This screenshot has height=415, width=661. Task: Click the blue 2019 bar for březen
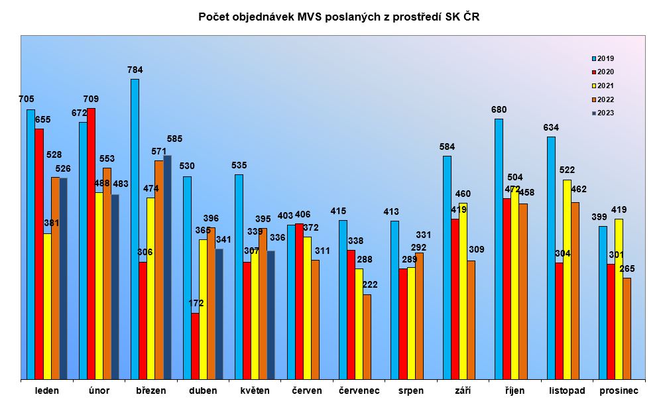click(135, 229)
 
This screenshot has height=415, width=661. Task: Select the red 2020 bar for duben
click(195, 346)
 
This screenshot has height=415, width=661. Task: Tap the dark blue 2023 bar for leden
click(63, 278)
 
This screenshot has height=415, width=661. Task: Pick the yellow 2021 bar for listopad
click(567, 279)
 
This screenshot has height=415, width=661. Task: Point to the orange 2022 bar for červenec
click(367, 337)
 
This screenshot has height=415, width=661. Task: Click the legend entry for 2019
click(603, 58)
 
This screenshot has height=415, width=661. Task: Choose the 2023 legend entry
click(603, 113)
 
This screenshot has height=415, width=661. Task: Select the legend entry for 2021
click(603, 86)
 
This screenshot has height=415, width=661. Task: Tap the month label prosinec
click(618, 390)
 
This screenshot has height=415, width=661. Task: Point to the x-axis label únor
click(99, 390)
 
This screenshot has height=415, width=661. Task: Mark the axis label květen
click(255, 390)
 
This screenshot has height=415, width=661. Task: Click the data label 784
click(135, 70)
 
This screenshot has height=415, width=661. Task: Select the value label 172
click(196, 303)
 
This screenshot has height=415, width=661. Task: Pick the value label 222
click(370, 284)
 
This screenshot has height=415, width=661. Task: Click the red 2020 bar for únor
click(91, 243)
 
